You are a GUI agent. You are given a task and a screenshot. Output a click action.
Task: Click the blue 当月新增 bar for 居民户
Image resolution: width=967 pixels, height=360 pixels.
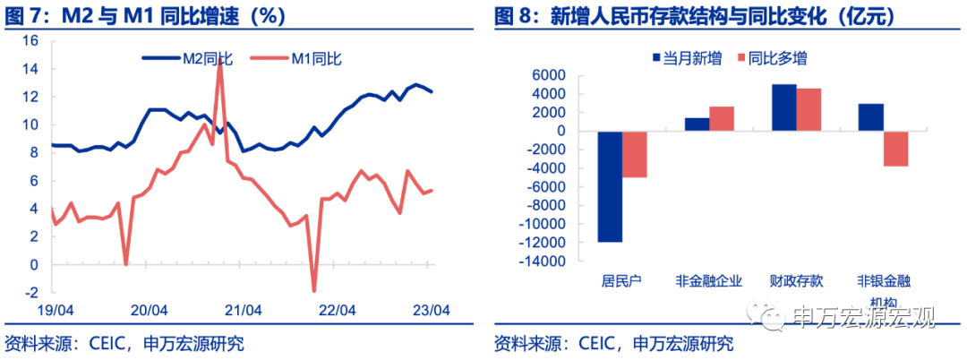pyautogui.click(x=610, y=186)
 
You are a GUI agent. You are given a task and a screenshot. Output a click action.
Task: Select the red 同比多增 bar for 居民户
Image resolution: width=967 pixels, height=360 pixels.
pyautogui.click(x=634, y=154)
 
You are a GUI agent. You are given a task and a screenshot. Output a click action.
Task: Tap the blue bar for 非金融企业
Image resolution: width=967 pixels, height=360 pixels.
pyautogui.click(x=697, y=124)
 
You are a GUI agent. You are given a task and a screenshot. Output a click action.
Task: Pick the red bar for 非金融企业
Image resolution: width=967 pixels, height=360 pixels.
pyautogui.click(x=721, y=119)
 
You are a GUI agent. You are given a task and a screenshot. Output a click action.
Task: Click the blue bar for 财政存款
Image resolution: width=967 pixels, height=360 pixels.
pyautogui.click(x=783, y=107)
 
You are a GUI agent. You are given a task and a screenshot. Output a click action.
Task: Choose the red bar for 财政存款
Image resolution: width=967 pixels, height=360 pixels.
pyautogui.click(x=808, y=109)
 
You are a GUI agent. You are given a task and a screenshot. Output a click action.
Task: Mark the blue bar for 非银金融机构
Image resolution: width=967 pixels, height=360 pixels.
pyautogui.click(x=870, y=117)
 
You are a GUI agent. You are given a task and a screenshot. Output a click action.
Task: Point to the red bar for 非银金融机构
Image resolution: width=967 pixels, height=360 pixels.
pyautogui.click(x=894, y=149)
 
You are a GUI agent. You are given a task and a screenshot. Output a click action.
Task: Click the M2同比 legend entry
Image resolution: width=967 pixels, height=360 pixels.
pyautogui.click(x=188, y=59)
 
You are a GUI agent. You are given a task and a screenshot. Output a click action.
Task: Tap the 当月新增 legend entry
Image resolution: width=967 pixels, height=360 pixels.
pyautogui.click(x=686, y=59)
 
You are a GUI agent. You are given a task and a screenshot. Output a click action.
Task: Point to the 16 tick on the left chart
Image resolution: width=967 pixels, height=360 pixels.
pyautogui.click(x=30, y=41)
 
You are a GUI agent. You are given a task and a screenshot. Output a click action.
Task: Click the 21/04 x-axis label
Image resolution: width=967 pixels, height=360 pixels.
pyautogui.click(x=243, y=311)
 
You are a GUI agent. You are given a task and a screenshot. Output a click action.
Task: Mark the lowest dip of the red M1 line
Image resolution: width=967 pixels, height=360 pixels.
pyautogui.click(x=314, y=289)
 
